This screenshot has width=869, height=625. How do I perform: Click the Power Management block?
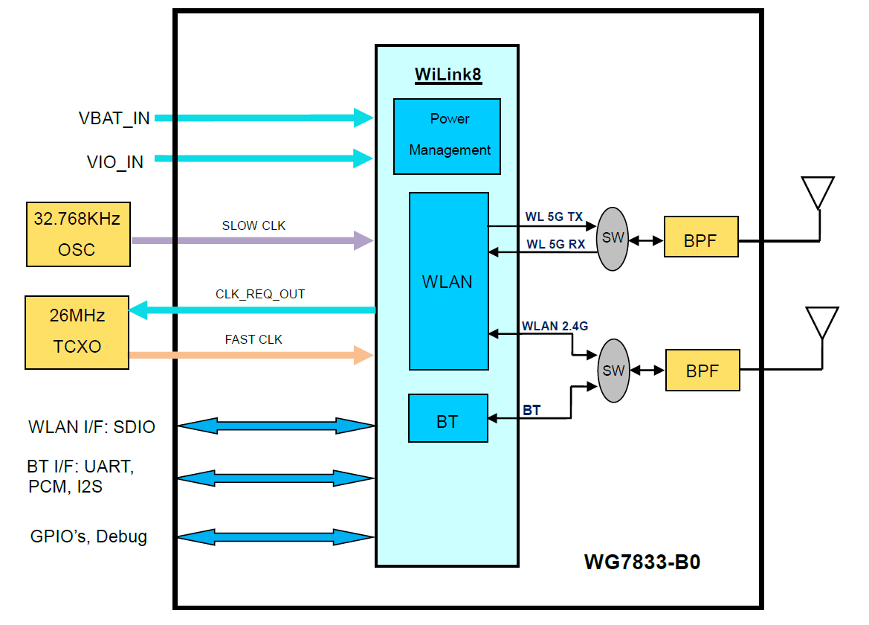447,136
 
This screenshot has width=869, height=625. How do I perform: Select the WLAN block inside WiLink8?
449,281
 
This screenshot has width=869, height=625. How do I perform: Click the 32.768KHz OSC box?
78,234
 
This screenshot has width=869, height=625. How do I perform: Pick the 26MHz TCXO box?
77,332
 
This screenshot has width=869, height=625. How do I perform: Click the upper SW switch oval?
613,239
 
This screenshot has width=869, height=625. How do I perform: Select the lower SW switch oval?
613,370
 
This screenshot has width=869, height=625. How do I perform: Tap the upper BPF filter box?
700,237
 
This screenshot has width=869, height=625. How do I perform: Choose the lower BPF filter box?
702,370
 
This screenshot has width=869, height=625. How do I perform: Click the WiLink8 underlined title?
448,75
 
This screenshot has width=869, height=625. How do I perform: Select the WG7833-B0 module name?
642,562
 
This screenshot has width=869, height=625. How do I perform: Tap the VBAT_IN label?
114,118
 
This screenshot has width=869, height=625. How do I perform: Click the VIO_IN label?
115,161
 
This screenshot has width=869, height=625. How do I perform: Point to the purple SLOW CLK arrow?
253,240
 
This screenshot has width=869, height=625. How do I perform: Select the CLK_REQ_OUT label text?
260,294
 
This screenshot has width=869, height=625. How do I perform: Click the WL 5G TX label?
554,217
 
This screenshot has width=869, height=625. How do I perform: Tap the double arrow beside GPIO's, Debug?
276,537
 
